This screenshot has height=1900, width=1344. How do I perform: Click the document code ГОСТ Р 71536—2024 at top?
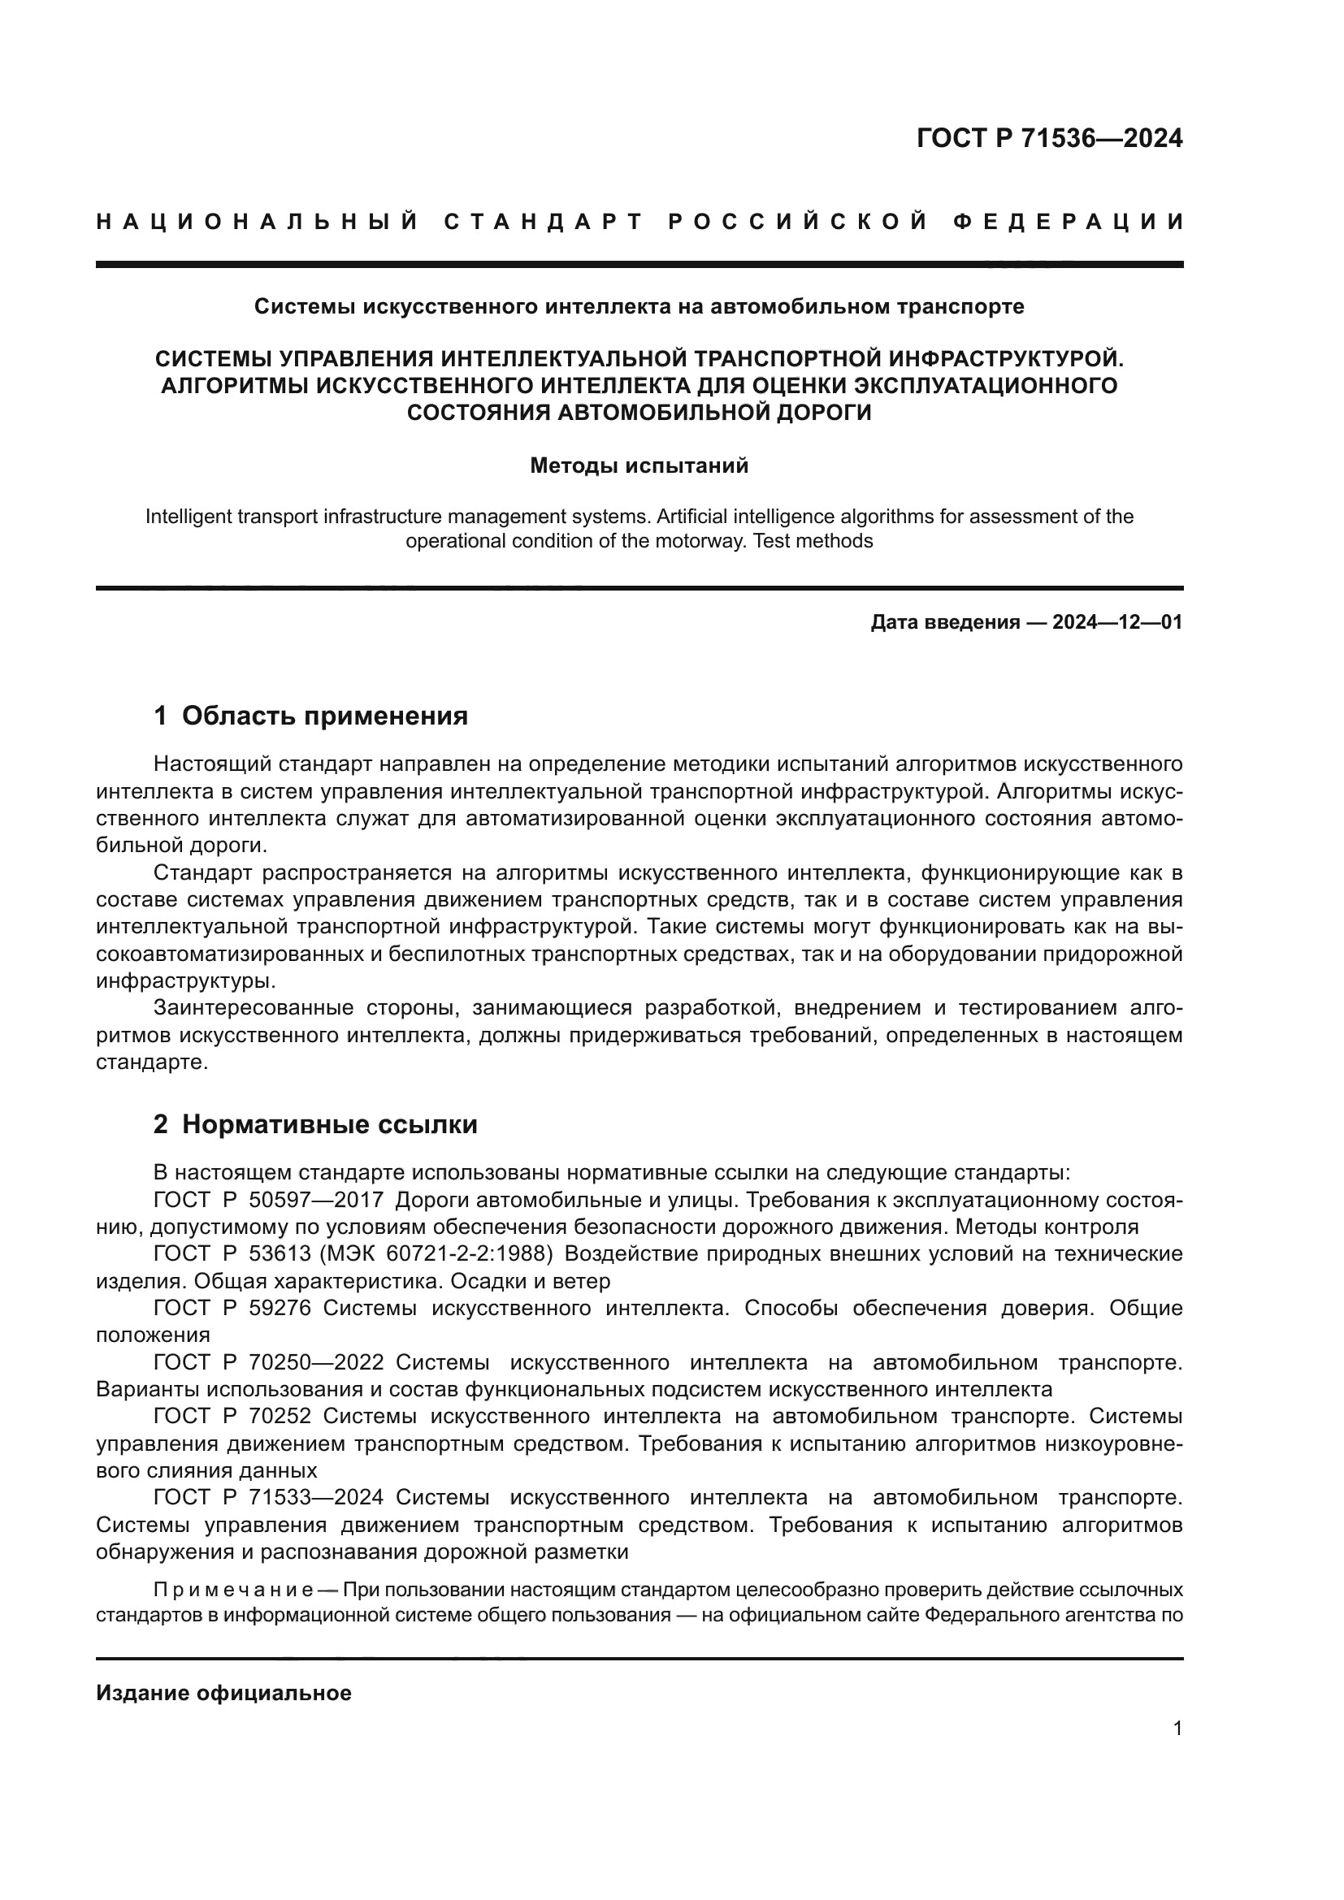[1048, 138]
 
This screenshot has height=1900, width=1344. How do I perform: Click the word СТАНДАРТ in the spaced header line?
[544, 222]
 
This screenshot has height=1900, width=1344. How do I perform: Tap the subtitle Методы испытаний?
[639, 466]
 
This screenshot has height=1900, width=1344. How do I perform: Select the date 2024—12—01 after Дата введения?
[1117, 622]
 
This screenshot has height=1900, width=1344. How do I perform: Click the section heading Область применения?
[324, 716]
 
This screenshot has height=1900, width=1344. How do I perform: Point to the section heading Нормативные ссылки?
[329, 1124]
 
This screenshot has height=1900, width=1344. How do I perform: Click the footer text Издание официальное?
[223, 1693]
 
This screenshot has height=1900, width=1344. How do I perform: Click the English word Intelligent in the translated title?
[188, 517]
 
